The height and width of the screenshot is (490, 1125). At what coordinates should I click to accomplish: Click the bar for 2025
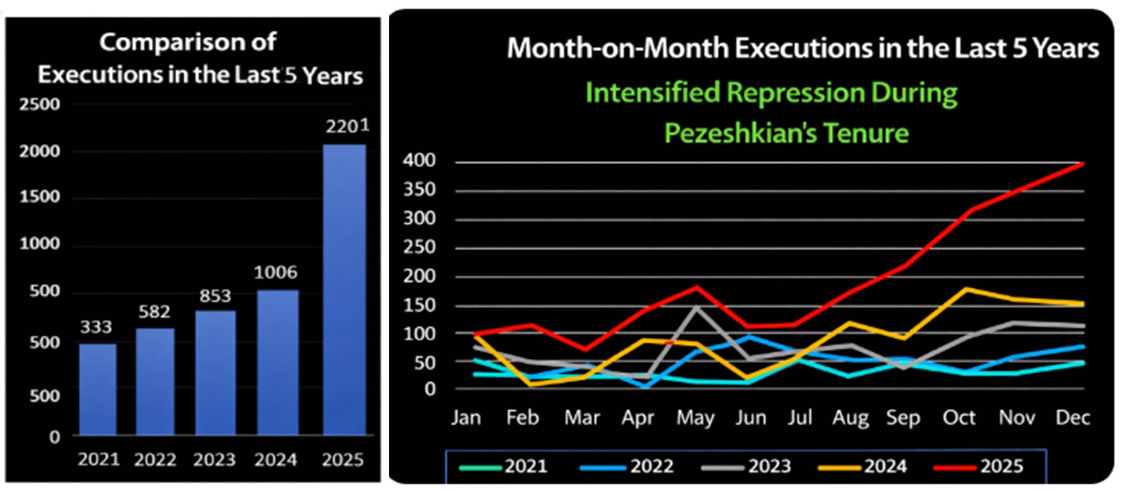click(x=344, y=289)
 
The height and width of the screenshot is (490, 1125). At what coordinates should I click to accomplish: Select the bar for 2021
click(x=97, y=389)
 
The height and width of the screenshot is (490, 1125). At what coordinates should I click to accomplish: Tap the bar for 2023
click(x=215, y=372)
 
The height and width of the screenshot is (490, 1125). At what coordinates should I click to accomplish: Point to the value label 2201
click(x=347, y=126)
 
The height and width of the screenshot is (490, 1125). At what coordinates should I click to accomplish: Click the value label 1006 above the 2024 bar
click(x=276, y=273)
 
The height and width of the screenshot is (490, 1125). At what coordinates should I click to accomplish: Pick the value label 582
click(x=154, y=312)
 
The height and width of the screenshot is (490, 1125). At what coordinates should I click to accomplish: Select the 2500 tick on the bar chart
click(x=40, y=105)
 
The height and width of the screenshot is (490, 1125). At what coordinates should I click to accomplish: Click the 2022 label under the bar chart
click(x=155, y=460)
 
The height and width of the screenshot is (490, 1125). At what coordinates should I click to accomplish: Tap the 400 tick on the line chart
click(x=419, y=161)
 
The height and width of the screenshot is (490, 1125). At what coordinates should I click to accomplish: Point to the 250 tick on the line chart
click(x=419, y=248)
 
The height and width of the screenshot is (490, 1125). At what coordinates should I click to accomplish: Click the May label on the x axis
click(x=695, y=418)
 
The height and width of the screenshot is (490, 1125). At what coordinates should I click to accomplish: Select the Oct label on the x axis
click(x=959, y=418)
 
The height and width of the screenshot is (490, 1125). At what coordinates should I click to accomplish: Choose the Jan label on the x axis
click(x=466, y=418)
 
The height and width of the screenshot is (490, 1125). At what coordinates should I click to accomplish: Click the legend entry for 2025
click(x=979, y=466)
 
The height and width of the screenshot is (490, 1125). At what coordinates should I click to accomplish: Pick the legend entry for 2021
click(x=504, y=466)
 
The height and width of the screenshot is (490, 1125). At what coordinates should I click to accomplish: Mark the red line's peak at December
click(x=1083, y=163)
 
